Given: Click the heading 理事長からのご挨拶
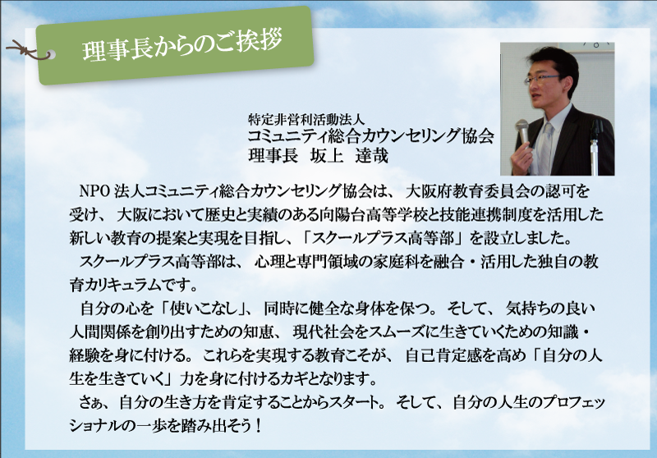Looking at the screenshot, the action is pos(182,44).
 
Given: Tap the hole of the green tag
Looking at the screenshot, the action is pos(51,55).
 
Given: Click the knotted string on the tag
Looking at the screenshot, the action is pos(26,49).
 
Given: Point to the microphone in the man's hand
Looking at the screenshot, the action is pos(521,134).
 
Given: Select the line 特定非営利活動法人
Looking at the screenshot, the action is pos(306,120).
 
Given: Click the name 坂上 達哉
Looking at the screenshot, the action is pos(349,156).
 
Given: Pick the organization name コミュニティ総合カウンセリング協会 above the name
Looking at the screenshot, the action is pos(371,136).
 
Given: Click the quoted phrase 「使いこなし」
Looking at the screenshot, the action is pos(206,309).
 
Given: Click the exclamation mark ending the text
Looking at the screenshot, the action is pos(258,427).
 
